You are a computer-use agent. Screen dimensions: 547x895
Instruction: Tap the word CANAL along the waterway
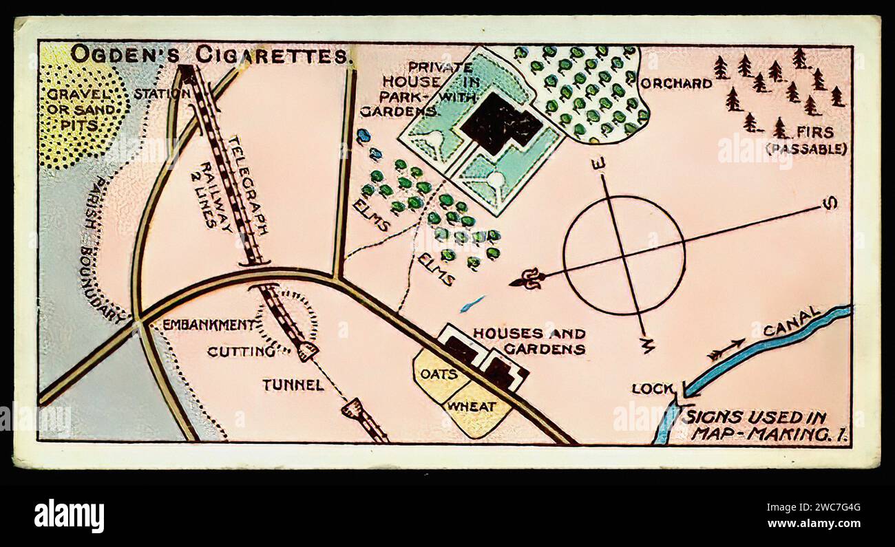792,322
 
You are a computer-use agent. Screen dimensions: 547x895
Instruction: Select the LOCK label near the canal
652,389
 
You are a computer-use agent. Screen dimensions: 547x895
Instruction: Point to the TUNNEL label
293,385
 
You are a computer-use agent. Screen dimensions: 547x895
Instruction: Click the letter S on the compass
830,203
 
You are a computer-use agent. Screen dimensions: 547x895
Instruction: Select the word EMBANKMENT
207,324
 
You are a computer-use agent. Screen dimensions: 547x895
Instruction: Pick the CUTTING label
241,351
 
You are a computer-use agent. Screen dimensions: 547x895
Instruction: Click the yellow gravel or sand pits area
79,110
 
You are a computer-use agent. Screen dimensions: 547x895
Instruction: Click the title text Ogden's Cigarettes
210,55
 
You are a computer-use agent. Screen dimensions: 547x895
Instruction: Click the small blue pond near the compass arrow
472,303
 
